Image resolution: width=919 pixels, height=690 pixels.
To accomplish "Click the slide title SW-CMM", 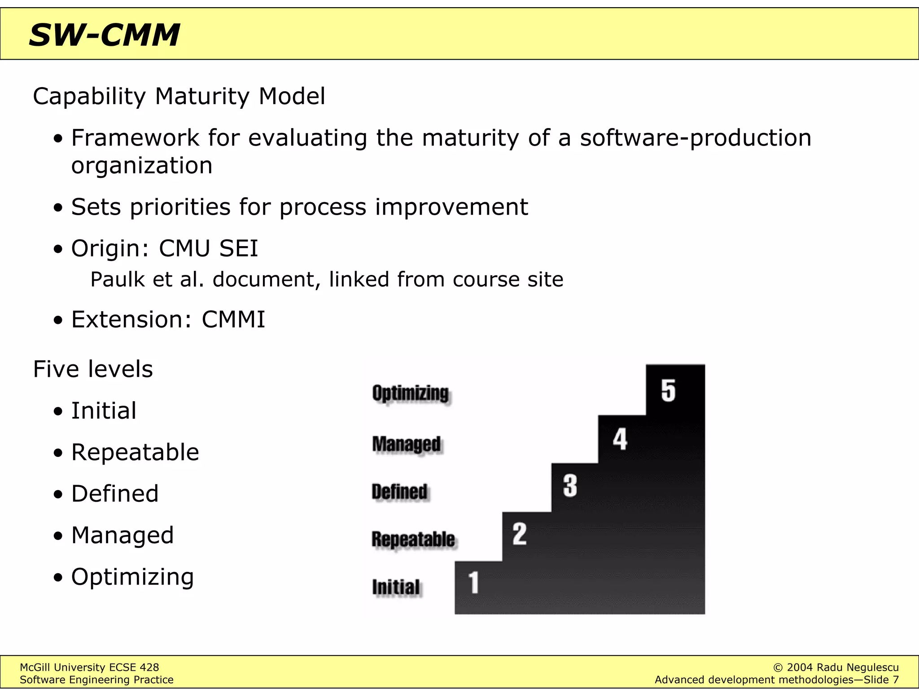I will (x=104, y=35).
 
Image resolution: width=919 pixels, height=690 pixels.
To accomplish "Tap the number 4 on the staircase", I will (x=620, y=439).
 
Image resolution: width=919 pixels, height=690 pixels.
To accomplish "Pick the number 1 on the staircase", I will (x=474, y=583).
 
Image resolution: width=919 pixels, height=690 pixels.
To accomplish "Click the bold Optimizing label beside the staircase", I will (x=411, y=394).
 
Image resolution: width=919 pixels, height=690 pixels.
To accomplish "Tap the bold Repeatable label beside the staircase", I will (x=413, y=539).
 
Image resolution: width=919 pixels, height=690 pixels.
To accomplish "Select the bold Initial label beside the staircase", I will (x=396, y=587).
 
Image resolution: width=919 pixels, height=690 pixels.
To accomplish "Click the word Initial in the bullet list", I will (x=104, y=411).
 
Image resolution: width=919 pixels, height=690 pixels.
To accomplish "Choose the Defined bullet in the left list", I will (x=115, y=494).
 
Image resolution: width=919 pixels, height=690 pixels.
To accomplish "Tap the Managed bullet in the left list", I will (x=123, y=535).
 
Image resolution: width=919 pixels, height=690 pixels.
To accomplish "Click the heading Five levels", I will (x=93, y=369).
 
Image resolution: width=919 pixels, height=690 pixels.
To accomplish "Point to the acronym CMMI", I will (x=233, y=319).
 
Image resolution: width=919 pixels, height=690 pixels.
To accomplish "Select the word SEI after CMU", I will (x=239, y=248).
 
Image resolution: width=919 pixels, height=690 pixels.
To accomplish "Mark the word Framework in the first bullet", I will (x=135, y=137).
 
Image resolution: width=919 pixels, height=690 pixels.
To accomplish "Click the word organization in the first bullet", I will (x=142, y=166).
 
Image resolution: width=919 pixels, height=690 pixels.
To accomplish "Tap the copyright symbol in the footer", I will (x=779, y=668).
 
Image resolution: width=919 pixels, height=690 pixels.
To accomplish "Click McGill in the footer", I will (x=35, y=668).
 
